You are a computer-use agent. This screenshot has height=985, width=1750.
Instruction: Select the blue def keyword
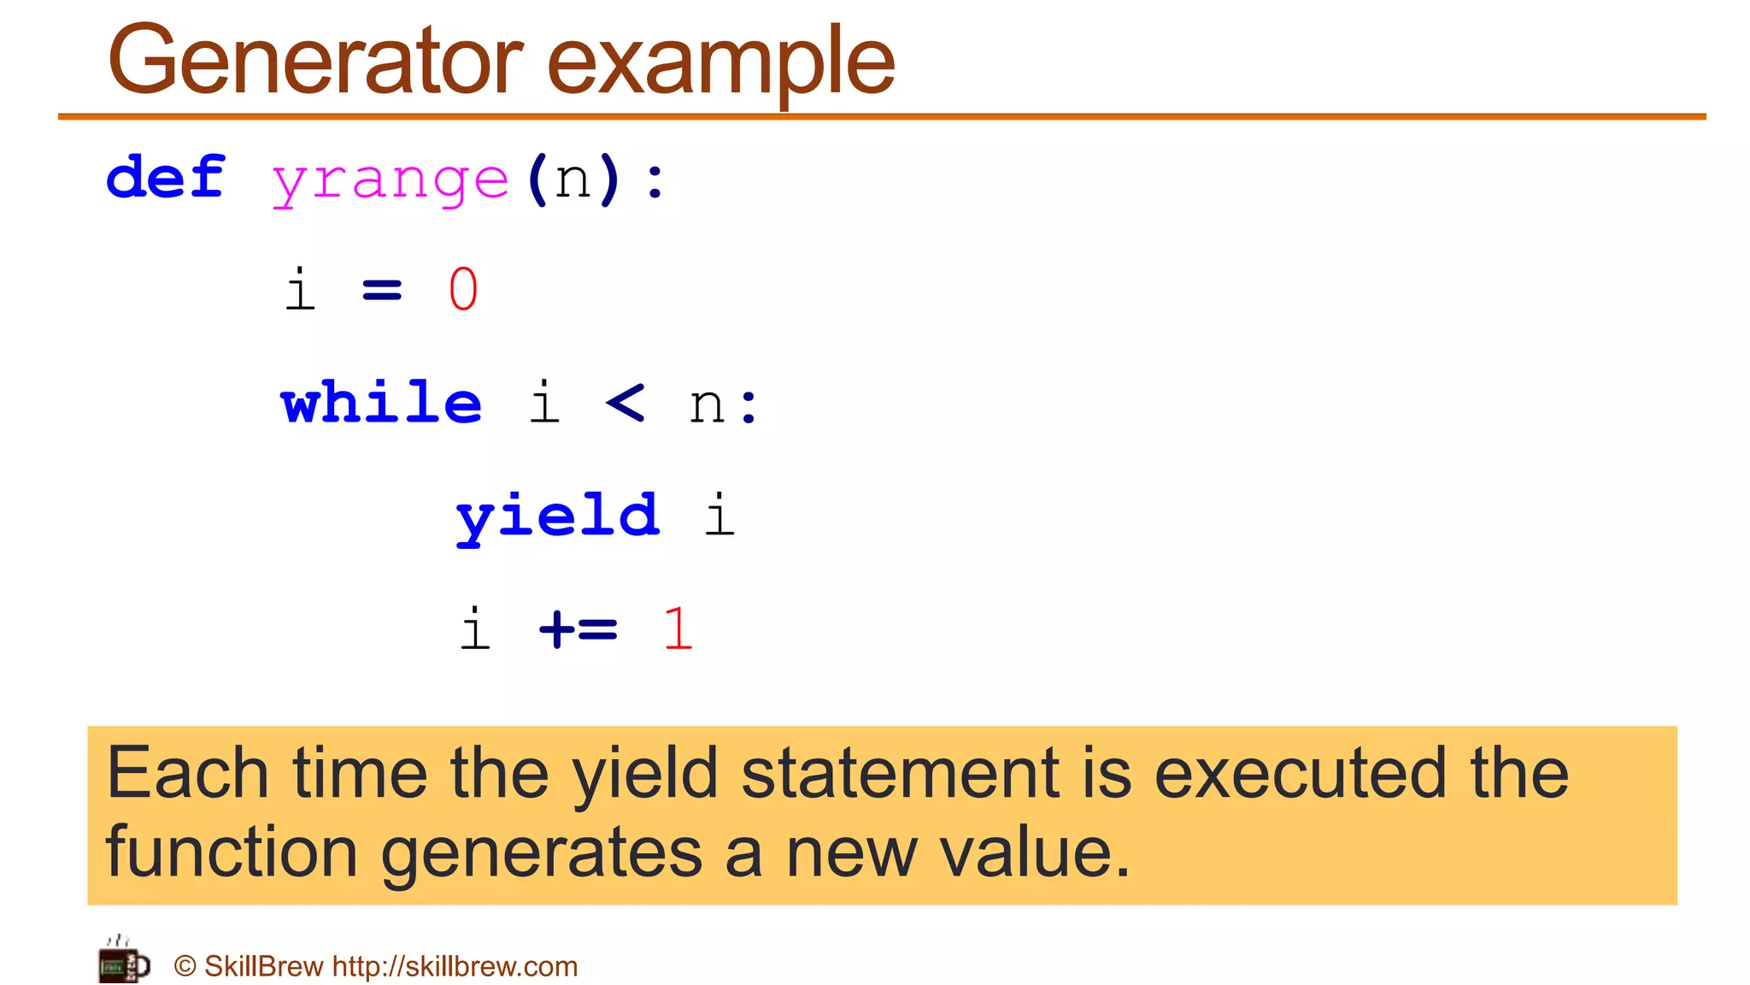click(166, 178)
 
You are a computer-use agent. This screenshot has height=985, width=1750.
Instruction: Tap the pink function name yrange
click(391, 181)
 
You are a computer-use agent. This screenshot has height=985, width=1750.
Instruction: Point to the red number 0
click(463, 289)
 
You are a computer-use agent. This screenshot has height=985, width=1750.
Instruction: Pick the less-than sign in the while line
click(625, 402)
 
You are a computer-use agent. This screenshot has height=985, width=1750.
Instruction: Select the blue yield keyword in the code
click(558, 516)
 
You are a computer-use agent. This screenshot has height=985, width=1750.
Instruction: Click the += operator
click(578, 629)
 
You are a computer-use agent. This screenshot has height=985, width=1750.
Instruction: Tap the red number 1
click(678, 629)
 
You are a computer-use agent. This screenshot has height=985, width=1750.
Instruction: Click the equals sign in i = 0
click(382, 291)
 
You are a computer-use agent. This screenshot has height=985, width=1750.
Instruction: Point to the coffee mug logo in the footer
click(124, 961)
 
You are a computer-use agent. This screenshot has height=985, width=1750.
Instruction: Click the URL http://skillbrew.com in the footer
click(455, 966)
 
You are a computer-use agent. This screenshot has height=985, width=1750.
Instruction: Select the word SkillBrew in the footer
click(263, 966)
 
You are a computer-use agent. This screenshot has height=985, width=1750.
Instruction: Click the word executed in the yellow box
click(1300, 773)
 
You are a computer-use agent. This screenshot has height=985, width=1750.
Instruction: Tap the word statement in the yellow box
click(900, 773)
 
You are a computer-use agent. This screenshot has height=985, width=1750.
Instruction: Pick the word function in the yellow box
click(232, 852)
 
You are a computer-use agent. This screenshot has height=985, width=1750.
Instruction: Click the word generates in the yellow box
click(542, 853)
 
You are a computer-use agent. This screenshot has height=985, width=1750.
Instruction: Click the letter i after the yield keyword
click(719, 515)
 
